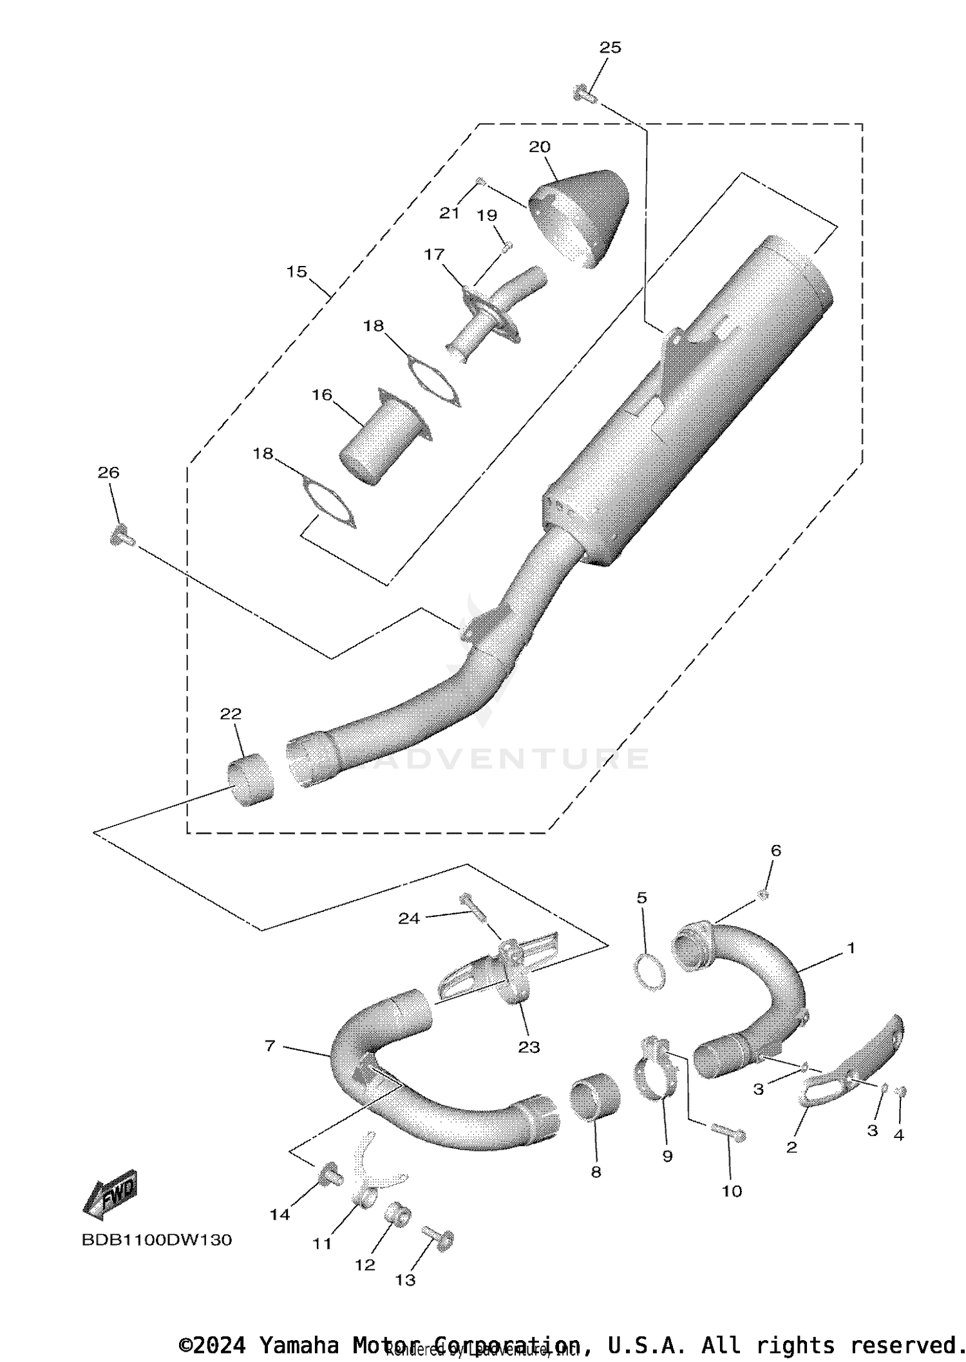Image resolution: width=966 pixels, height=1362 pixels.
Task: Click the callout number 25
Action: coord(610,48)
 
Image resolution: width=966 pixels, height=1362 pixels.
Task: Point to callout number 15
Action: coord(296,272)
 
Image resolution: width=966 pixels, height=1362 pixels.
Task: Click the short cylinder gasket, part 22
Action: coord(250,780)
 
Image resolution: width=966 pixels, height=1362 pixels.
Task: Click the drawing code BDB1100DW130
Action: coord(156,1240)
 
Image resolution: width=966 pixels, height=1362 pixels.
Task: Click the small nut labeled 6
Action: coord(762,894)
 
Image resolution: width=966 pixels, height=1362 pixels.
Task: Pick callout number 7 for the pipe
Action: coord(270,1046)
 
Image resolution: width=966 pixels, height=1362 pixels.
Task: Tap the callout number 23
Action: coord(529,1048)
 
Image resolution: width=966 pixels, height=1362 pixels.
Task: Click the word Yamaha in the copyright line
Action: coord(299,1345)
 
